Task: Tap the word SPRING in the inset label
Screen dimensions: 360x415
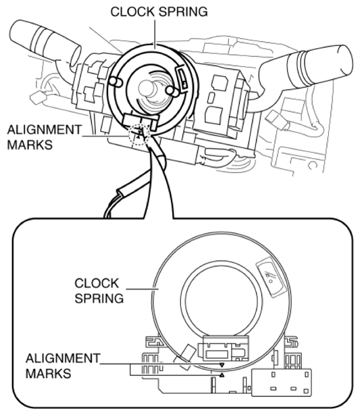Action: pos(99,298)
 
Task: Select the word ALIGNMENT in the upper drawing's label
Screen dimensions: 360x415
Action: pos(45,130)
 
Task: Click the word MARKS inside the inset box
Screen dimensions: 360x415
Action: pos(49,374)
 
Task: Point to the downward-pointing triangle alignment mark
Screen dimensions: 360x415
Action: pos(222,365)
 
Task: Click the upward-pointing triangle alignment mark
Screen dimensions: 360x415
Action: pos(222,374)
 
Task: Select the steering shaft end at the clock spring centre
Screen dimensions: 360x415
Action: pos(147,87)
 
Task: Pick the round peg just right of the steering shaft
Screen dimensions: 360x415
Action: pos(171,91)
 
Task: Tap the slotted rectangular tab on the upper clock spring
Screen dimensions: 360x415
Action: pos(182,77)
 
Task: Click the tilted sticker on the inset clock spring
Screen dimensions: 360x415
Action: pos(271,277)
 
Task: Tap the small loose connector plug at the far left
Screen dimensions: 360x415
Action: pos(38,97)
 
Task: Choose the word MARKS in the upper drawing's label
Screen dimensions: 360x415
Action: pos(30,145)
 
